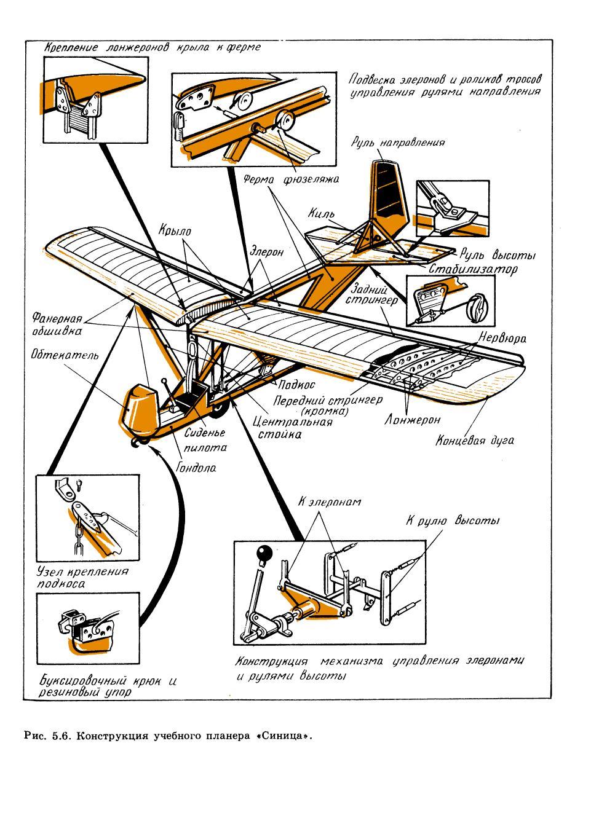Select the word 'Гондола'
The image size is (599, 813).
pyautogui.click(x=197, y=468)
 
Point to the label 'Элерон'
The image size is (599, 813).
pyautogui.click(x=266, y=252)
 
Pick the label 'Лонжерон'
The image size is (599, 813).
pyautogui.click(x=413, y=421)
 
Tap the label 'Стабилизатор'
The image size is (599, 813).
pyautogui.click(x=473, y=269)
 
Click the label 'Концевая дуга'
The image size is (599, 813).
pyautogui.click(x=474, y=441)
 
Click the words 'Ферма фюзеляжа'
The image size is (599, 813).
pyautogui.click(x=292, y=179)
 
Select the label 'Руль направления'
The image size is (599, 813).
pyautogui.click(x=398, y=143)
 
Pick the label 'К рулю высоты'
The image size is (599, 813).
pyautogui.click(x=452, y=520)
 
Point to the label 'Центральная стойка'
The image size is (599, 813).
pyautogui.click(x=293, y=428)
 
